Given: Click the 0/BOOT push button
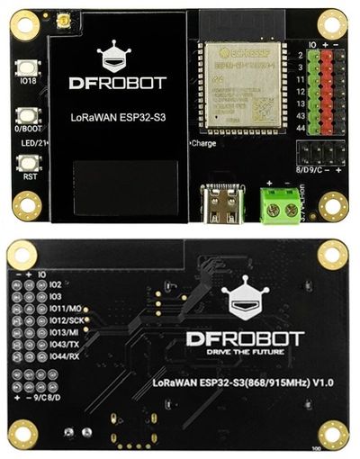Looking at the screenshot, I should (x=24, y=114).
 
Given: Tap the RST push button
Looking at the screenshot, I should (x=24, y=163).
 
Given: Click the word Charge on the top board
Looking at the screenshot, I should (x=202, y=144).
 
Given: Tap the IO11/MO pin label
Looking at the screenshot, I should (x=75, y=308).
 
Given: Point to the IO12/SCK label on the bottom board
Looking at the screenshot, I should (x=76, y=320).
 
